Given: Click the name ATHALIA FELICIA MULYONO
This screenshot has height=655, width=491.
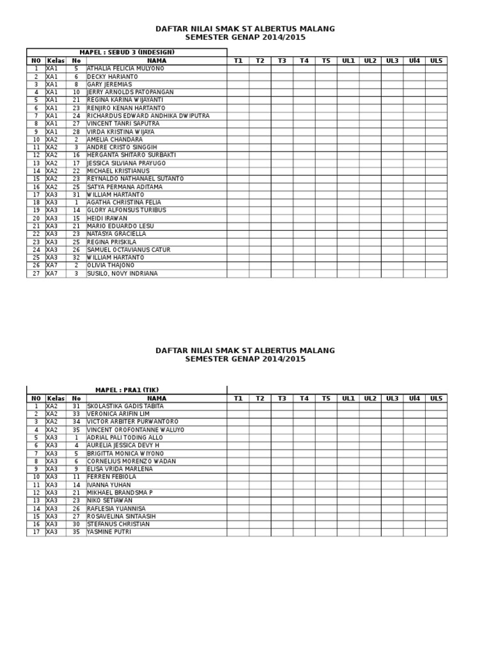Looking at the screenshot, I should click(x=125, y=68).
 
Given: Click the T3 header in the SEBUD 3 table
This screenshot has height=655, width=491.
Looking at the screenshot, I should click(x=282, y=61).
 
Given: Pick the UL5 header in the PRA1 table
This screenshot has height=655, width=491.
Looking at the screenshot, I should click(x=436, y=399).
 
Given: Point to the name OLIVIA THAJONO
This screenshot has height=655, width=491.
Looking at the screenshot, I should click(x=111, y=265).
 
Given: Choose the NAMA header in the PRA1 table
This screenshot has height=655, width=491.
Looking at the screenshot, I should click(x=157, y=399).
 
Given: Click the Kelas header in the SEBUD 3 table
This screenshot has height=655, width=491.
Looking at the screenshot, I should click(x=56, y=61).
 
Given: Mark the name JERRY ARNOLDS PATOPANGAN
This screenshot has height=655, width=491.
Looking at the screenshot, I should click(x=130, y=92).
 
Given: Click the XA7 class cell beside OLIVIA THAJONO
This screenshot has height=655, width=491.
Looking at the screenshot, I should click(x=52, y=265).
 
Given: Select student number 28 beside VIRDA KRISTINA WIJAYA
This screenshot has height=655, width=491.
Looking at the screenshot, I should click(x=76, y=132).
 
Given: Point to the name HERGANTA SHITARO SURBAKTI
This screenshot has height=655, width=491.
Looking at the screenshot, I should click(x=131, y=155).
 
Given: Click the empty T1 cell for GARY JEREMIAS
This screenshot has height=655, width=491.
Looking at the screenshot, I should click(x=238, y=84).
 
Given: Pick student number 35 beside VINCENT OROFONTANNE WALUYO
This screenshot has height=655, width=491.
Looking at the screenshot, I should click(x=76, y=430).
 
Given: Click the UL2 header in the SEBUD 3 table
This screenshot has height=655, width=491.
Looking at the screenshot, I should click(x=370, y=61).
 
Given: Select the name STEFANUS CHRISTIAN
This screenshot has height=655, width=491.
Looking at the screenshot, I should click(x=118, y=525).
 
